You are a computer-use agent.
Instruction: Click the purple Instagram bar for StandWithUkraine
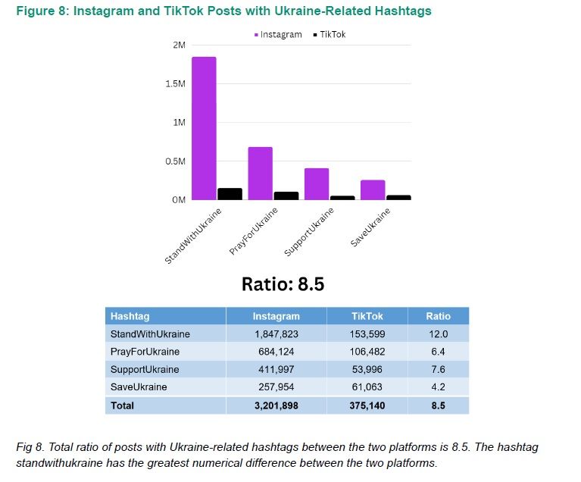(x=204, y=128)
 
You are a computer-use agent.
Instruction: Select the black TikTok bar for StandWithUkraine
(x=230, y=194)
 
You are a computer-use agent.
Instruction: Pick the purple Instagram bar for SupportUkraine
(x=316, y=183)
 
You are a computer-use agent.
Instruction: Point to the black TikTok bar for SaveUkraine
(x=398, y=198)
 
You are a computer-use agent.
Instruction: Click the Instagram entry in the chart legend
(x=278, y=35)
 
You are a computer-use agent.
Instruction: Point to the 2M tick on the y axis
(x=179, y=45)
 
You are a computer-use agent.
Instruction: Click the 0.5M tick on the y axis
(x=175, y=161)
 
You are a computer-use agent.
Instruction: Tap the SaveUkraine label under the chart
(x=370, y=227)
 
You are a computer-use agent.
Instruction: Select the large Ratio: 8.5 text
(x=283, y=283)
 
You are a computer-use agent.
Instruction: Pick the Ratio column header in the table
(x=438, y=316)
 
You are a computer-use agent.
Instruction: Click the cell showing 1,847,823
(x=276, y=333)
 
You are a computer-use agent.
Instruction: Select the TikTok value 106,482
(x=367, y=352)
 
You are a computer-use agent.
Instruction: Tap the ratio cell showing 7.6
(x=438, y=369)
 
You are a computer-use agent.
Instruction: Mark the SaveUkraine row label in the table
(x=139, y=387)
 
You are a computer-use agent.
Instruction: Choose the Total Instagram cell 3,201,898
(x=276, y=405)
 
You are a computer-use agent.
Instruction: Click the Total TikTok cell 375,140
(x=367, y=405)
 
